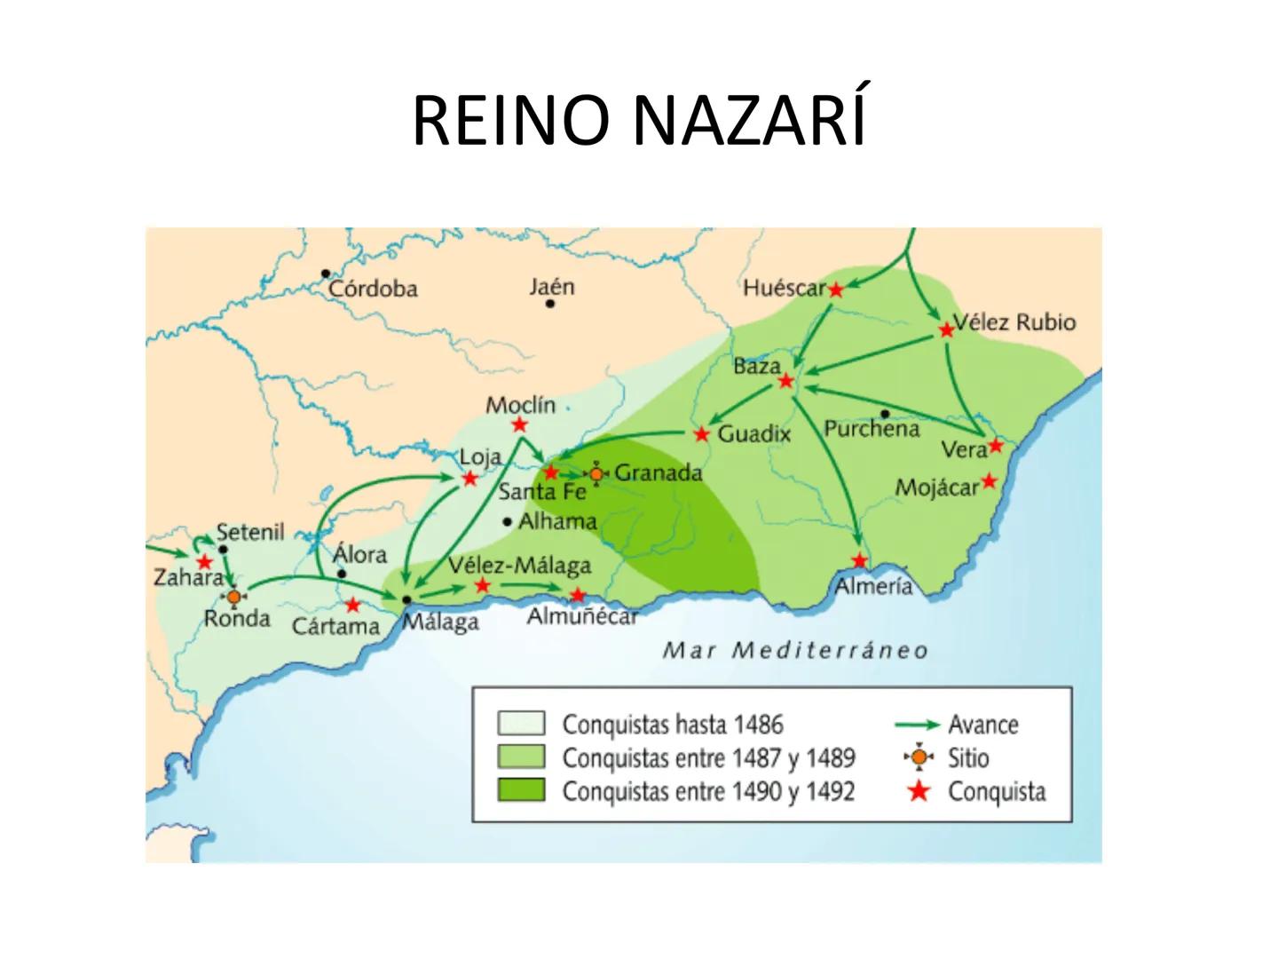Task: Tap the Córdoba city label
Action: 373,289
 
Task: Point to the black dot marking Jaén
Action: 550,304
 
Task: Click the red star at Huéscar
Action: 835,289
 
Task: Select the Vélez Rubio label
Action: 1014,321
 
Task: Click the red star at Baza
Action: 785,381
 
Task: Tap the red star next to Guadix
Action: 702,434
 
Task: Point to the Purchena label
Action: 872,429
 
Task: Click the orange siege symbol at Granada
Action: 596,474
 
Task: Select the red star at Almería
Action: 859,560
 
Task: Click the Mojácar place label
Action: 936,487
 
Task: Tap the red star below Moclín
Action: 520,425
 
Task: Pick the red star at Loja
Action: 470,479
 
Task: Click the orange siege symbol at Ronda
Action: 233,597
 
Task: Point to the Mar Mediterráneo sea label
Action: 794,651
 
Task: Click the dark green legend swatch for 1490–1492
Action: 521,790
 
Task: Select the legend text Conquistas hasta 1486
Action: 673,725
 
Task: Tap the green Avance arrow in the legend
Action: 917,725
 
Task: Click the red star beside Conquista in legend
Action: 919,790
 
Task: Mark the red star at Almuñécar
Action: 578,595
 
